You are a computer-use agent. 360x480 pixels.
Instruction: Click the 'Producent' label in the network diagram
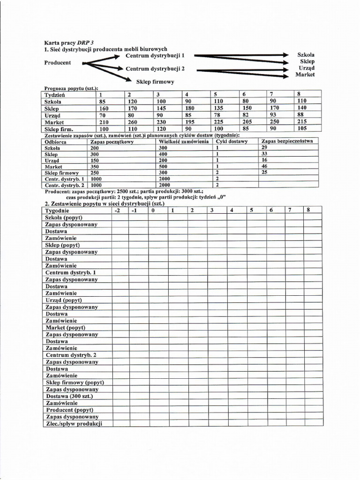pyautogui.click(x=58, y=63)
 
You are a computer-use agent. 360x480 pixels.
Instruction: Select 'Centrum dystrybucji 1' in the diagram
pyautogui.click(x=155, y=55)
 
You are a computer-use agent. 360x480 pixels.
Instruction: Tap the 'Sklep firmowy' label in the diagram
pyautogui.click(x=155, y=82)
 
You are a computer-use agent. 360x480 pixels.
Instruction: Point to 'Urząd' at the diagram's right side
pyautogui.click(x=306, y=68)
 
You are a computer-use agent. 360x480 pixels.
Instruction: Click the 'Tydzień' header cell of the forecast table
pyautogui.click(x=55, y=94)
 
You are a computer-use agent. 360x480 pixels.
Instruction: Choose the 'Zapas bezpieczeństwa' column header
pyautogui.click(x=288, y=141)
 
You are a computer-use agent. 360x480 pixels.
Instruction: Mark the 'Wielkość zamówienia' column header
pyautogui.click(x=184, y=141)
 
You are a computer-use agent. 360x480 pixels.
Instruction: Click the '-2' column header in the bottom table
pyautogui.click(x=118, y=210)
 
